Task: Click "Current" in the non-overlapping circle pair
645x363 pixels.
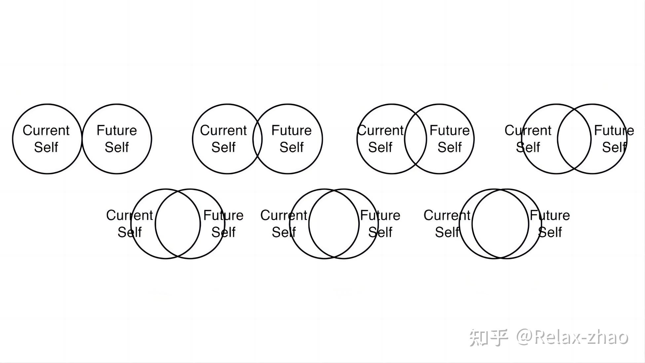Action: [x=46, y=130]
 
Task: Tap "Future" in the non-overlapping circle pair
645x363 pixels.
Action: [x=117, y=130]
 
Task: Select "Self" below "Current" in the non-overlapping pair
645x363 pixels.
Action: [x=46, y=147]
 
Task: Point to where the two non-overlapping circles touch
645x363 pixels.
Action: [x=82, y=139]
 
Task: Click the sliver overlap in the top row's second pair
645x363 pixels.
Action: [x=257, y=139]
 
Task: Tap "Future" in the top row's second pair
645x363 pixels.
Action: [x=291, y=130]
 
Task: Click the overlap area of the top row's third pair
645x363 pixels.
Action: [x=416, y=139]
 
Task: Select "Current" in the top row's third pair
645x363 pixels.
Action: [x=380, y=130]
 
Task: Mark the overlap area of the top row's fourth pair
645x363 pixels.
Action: [x=574, y=139]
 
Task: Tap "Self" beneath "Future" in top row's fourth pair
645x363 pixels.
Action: [x=614, y=147]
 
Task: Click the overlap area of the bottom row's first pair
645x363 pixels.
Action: [x=178, y=224]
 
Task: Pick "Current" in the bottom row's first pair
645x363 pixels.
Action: [x=130, y=215]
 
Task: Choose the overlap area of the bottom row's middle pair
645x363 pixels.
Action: [x=334, y=224]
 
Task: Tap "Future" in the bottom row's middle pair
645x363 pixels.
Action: [x=380, y=215]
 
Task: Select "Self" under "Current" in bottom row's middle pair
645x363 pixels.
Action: [x=284, y=232]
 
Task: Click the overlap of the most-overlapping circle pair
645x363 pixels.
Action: [x=500, y=224]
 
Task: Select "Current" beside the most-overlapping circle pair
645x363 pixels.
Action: [x=447, y=215]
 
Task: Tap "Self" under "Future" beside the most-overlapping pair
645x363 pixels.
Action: [x=550, y=232]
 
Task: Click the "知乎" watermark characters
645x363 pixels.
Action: [x=488, y=338]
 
